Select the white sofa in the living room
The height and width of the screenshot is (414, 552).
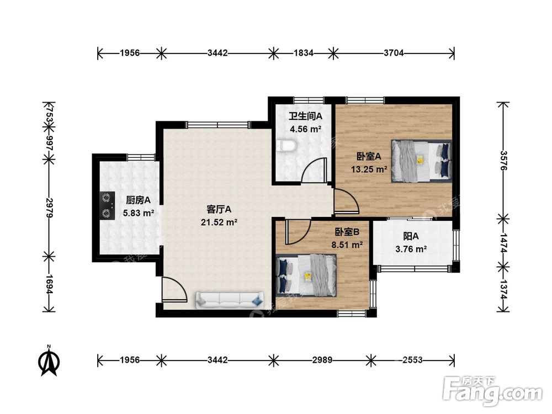coord(230,300)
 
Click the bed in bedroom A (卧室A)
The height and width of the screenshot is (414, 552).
coord(421,161)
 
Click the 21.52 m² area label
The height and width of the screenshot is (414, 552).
coord(219,222)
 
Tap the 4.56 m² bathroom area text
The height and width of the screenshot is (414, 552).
coord(305,129)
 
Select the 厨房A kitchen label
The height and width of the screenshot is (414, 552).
coord(139,200)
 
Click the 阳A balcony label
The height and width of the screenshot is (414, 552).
coord(411,236)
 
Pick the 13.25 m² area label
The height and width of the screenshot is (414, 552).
coord(369,169)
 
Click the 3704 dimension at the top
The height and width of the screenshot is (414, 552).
coord(394,53)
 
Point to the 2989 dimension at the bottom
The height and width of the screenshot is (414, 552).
coord(322,360)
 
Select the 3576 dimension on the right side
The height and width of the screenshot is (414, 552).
coord(503,161)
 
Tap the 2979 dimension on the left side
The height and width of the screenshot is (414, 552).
coord(49,208)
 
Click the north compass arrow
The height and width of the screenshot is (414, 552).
coord(49,362)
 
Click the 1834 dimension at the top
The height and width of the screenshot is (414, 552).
coord(304,53)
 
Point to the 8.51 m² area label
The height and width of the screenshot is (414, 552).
coord(347,245)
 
